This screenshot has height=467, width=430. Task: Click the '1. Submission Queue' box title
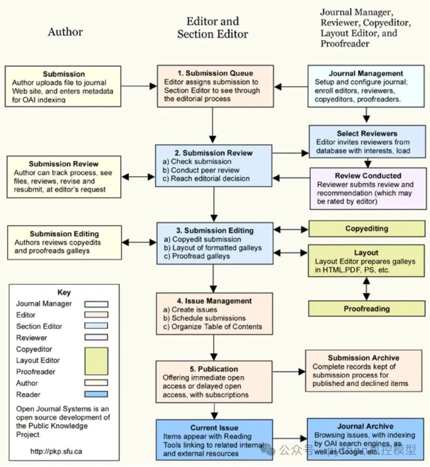(215, 73)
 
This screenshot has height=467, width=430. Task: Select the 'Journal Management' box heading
(366, 73)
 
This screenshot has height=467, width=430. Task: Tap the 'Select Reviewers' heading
(367, 133)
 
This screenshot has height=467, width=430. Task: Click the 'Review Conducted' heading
(367, 175)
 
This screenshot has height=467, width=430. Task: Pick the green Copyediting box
(367, 229)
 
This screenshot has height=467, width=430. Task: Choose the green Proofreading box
(367, 309)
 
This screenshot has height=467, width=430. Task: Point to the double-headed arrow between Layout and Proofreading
(367, 288)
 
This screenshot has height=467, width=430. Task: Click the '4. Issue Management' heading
(214, 301)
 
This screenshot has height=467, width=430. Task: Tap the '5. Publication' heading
(213, 369)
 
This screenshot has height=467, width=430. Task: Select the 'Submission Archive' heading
(363, 358)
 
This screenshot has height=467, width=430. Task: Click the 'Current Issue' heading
(214, 428)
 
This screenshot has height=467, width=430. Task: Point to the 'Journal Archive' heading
(365, 426)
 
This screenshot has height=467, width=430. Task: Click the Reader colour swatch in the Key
(96, 394)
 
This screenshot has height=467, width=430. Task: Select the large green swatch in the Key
(96, 361)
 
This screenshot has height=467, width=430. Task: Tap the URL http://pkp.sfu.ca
(56, 451)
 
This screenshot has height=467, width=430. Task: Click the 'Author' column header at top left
(65, 32)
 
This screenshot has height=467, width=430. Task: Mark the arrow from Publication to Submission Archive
(288, 371)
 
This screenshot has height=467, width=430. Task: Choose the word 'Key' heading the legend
(64, 292)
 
